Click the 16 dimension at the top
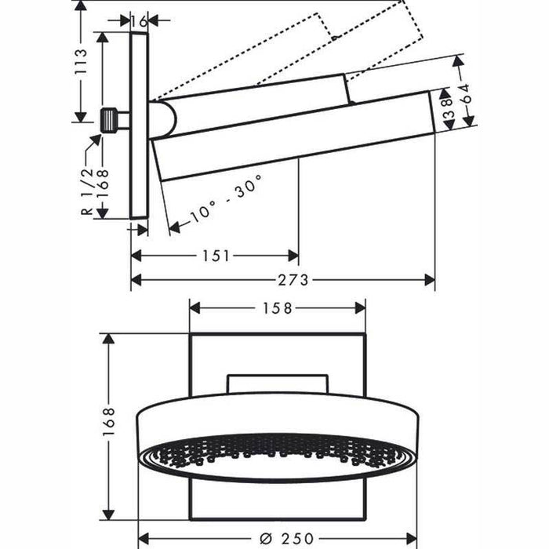[139, 21]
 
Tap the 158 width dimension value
[277, 308]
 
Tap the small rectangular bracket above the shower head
[278, 384]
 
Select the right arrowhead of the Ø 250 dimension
[412, 537]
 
